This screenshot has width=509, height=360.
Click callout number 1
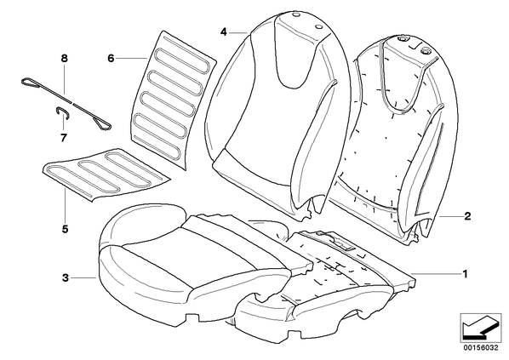(x=465, y=274)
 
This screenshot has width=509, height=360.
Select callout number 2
(x=467, y=216)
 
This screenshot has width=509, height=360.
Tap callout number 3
(x=66, y=277)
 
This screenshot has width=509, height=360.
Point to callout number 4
(x=223, y=32)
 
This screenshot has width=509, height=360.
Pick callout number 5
(x=66, y=229)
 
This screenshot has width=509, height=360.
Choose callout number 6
(x=111, y=59)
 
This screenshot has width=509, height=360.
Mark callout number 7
(x=64, y=138)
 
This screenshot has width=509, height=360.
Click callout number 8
(x=65, y=59)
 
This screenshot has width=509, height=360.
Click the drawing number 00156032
(x=481, y=348)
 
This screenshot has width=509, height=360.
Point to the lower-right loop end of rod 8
(x=103, y=124)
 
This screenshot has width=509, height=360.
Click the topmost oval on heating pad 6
(x=182, y=60)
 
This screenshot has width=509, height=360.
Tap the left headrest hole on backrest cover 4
(x=295, y=15)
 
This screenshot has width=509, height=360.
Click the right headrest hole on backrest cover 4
(x=318, y=27)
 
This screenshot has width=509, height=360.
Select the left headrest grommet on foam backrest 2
(x=403, y=39)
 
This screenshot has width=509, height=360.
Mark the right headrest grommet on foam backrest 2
(x=425, y=50)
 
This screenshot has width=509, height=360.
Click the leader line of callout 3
(x=83, y=277)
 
